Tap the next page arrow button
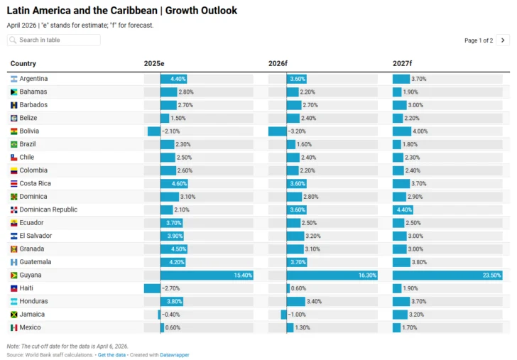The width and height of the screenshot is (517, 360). [x=503, y=40]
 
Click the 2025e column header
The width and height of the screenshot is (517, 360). [x=154, y=64]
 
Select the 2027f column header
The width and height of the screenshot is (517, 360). [x=403, y=64]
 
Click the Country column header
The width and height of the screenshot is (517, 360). [x=23, y=64]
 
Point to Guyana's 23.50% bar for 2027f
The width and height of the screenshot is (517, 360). [x=447, y=276]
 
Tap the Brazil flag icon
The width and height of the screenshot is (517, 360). [x=13, y=144]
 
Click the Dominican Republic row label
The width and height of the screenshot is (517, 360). [x=48, y=209]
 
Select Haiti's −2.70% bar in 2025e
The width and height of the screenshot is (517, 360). [x=152, y=288]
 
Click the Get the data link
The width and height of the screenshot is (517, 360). [x=112, y=354]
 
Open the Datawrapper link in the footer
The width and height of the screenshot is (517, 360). [x=175, y=354]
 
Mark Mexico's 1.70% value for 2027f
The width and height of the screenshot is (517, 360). [x=409, y=327]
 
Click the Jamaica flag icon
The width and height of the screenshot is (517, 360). [x=13, y=315]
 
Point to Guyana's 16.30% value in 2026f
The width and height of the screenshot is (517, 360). [x=368, y=276]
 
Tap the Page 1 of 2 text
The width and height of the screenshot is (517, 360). [x=478, y=40]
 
